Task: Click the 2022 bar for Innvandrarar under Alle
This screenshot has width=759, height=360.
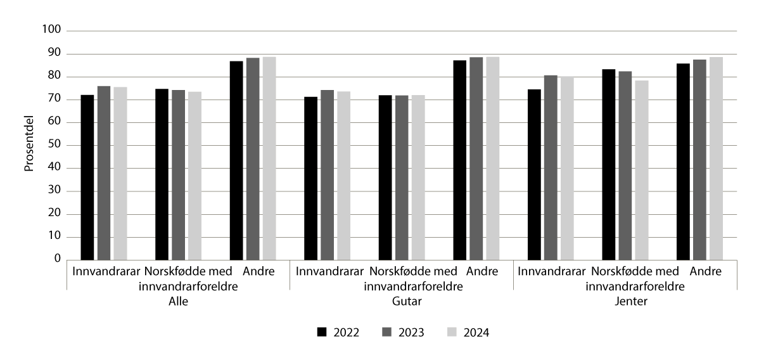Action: tap(87, 177)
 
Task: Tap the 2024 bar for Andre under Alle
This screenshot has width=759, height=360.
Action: tap(269, 158)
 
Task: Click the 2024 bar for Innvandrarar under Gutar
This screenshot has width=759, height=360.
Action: tap(343, 176)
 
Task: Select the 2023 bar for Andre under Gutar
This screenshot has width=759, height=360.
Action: tap(476, 158)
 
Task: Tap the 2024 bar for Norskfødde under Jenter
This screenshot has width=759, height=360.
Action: tap(641, 170)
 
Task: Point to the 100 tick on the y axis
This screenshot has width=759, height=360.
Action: tap(51, 30)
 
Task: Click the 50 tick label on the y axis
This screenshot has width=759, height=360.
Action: tap(54, 145)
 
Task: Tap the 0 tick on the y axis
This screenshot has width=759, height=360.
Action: tap(56, 259)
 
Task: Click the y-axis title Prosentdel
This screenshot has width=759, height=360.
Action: tap(29, 145)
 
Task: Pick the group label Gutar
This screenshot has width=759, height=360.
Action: tap(402, 302)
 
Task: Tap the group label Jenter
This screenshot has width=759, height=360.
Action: tap(625, 302)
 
